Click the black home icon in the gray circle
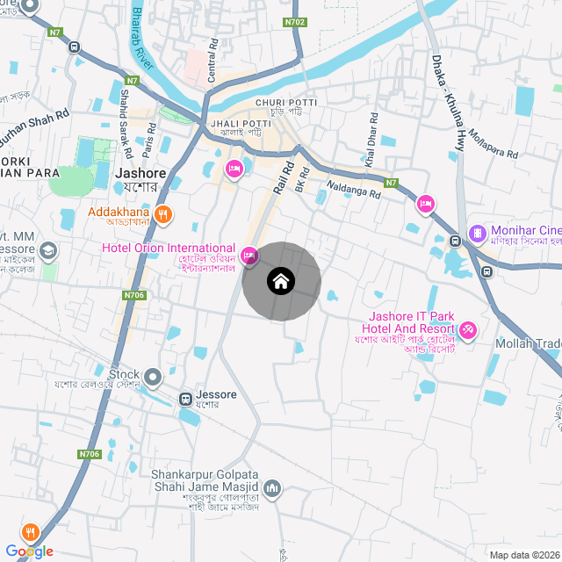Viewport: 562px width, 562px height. [x=281, y=282]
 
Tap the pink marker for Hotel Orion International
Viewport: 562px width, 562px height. [x=249, y=256]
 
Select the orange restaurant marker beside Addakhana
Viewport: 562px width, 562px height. [x=162, y=213]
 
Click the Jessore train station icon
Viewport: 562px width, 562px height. [x=185, y=399]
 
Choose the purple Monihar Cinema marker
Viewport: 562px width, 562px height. [x=477, y=234]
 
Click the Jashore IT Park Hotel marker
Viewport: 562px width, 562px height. [x=467, y=330]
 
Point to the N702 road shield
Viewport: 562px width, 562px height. [x=295, y=21]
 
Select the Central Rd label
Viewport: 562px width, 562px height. [x=212, y=61]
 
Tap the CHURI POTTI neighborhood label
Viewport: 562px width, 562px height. [x=285, y=104]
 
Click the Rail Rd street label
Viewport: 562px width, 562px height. [x=283, y=177]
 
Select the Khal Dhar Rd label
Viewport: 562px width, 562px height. [x=372, y=140]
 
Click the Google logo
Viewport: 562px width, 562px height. [x=29, y=551]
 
